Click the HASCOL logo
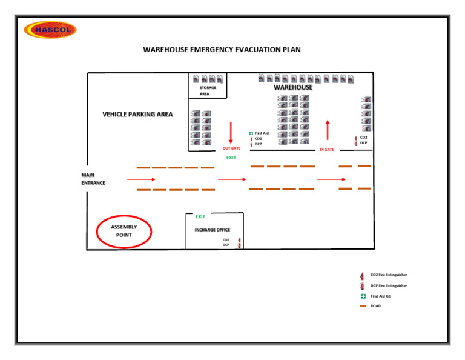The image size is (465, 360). click(x=50, y=30)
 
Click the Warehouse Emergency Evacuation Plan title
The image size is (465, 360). click(x=222, y=50)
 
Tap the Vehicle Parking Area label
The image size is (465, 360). click(x=137, y=115)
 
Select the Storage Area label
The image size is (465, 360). click(x=208, y=91)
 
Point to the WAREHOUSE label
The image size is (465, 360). click(x=293, y=87)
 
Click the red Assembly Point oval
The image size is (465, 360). click(x=124, y=232)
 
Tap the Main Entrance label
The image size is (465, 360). click(x=93, y=179)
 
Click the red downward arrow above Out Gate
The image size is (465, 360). click(x=231, y=132)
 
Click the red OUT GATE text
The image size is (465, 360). click(x=231, y=148)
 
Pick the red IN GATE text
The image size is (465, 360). click(x=327, y=150)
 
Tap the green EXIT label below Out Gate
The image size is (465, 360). click(x=231, y=158)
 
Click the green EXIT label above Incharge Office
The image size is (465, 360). click(x=200, y=216)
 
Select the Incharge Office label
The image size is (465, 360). click(x=212, y=230)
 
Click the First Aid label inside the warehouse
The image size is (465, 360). click(x=261, y=133)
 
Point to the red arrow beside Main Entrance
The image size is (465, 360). click(x=141, y=179)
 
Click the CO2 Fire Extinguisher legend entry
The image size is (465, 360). click(x=388, y=275)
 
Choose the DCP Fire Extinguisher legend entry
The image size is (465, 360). click(x=388, y=285)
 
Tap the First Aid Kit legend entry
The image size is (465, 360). click(x=380, y=296)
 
